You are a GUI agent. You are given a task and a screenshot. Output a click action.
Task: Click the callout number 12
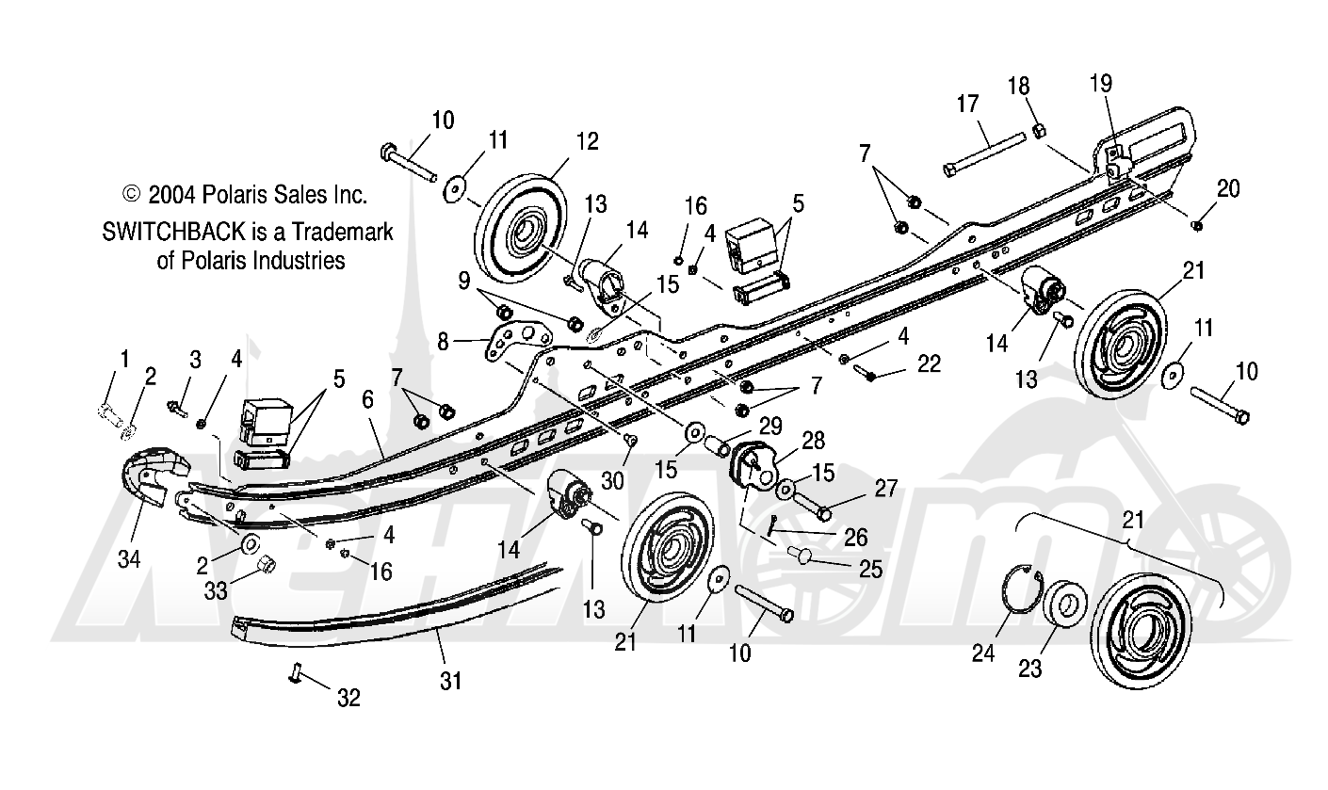(x=587, y=141)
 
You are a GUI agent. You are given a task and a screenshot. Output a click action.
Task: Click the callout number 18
(x=1018, y=87)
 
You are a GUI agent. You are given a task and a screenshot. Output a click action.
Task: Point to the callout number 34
(x=129, y=558)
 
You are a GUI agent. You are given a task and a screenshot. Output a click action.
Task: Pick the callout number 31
(x=450, y=681)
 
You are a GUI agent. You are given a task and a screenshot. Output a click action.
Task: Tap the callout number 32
(x=348, y=698)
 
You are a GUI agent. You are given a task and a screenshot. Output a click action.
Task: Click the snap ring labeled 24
(x=1024, y=588)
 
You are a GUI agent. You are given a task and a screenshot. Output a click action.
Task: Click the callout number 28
(x=813, y=441)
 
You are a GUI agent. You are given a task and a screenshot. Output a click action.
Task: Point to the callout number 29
(x=770, y=427)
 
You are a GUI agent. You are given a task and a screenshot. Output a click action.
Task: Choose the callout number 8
(x=443, y=342)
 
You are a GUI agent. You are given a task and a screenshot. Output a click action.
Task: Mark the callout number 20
(x=1228, y=189)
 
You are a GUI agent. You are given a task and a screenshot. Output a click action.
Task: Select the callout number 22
(x=929, y=363)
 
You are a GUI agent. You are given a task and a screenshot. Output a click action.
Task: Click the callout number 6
(x=367, y=400)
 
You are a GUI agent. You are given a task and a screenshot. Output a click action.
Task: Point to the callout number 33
(x=216, y=590)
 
